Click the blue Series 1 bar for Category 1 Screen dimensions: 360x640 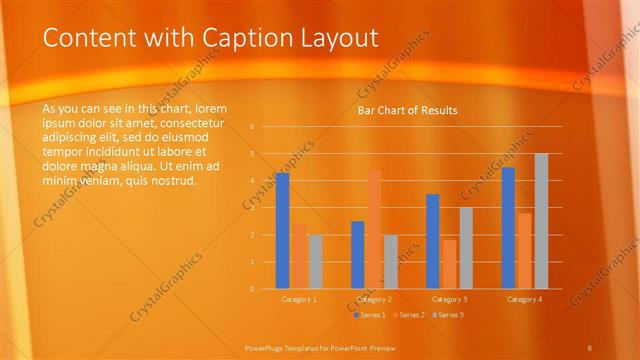(282, 230)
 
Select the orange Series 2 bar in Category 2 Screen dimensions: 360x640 (374, 229)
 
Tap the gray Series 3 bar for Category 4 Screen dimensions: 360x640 (541, 221)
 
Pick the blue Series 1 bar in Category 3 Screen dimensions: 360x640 (433, 241)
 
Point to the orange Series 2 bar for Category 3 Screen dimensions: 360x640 (449, 264)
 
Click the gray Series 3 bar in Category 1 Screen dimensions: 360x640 (315, 261)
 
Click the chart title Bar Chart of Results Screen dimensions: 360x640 (407, 110)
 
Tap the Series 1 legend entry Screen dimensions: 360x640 (369, 315)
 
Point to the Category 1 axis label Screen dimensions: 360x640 (299, 299)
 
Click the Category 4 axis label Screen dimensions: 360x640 (524, 299)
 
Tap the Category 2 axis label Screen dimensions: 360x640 (374, 299)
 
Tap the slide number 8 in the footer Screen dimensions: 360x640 (590, 347)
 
